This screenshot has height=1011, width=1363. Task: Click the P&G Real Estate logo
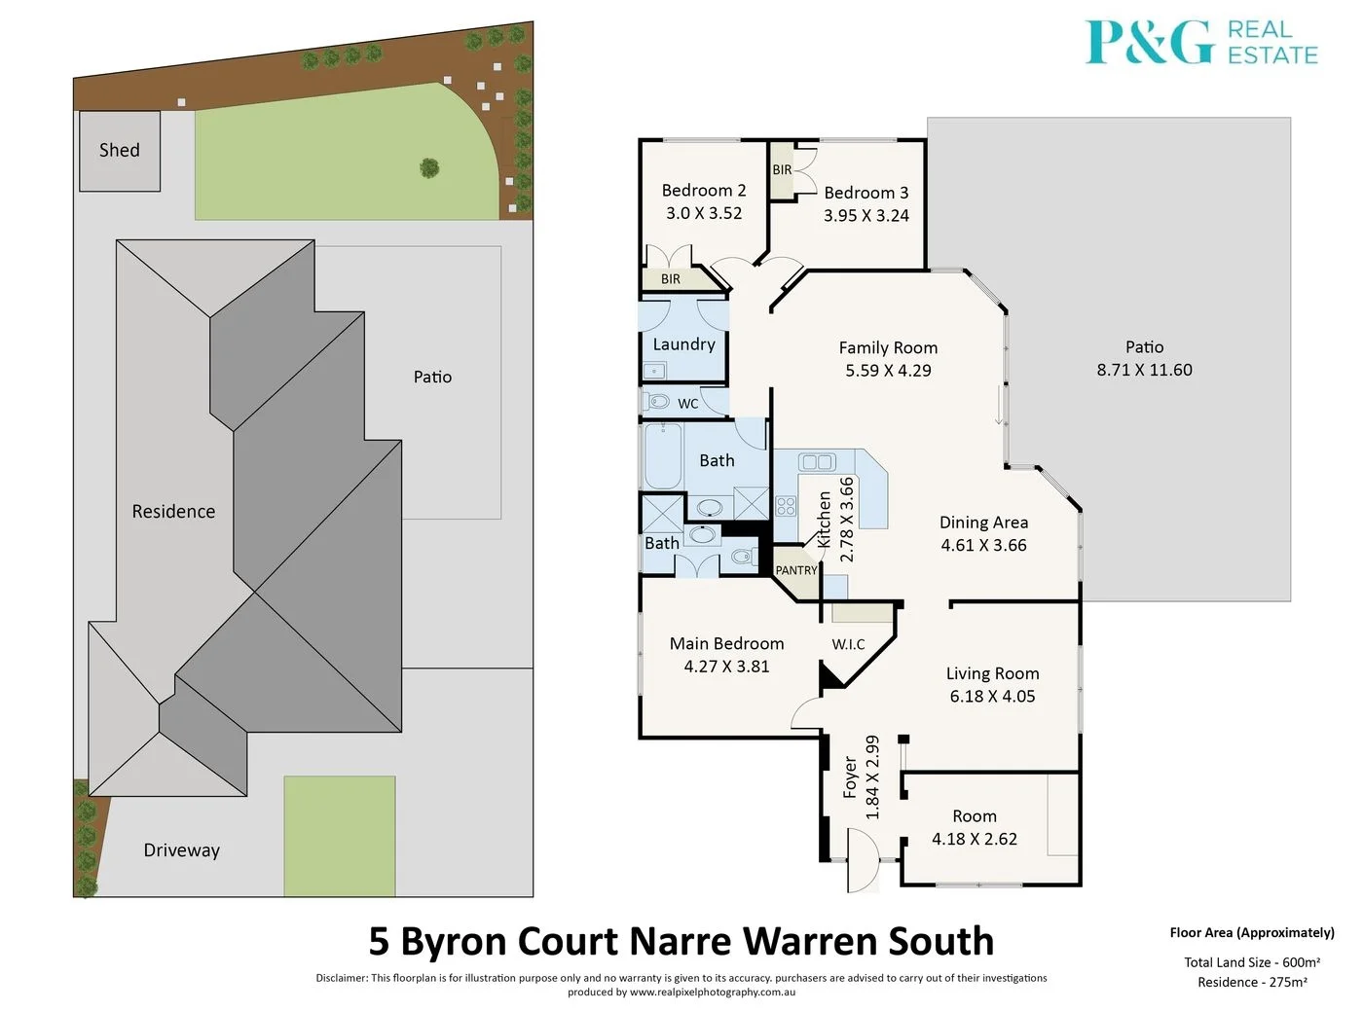1201,43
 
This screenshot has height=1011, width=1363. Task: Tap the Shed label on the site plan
119,150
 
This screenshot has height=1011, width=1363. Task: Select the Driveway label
181,849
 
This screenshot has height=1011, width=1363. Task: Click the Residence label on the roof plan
173,511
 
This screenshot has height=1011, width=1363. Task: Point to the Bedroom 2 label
703,190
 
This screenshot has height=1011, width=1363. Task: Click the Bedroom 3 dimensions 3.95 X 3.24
866,215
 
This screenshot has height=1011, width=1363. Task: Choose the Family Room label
888,347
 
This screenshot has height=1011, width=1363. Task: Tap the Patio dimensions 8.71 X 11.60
1144,370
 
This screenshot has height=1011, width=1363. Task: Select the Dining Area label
983,523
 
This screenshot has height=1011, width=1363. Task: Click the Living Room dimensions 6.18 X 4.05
992,696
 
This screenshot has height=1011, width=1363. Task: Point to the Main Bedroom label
726,643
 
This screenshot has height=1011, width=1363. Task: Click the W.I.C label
848,644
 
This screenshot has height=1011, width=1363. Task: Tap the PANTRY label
795,570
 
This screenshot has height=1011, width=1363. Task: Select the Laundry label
683,343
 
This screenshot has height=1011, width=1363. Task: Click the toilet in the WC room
658,401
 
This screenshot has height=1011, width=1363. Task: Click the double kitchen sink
817,462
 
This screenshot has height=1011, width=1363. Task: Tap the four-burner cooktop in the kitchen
786,505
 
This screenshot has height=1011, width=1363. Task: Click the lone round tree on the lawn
429,168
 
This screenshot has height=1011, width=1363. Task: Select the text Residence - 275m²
1252,982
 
